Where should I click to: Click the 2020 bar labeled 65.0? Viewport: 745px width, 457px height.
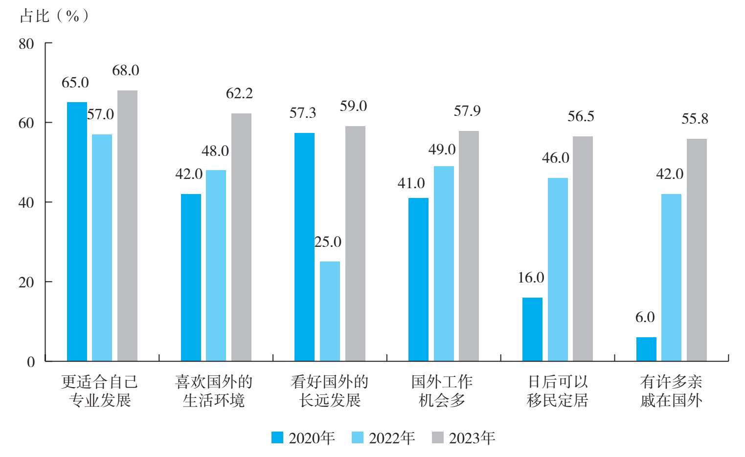(77, 232)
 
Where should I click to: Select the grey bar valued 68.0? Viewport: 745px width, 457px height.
(127, 226)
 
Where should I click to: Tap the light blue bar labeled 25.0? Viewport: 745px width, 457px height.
(330, 311)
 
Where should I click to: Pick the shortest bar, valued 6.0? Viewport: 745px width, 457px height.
(646, 349)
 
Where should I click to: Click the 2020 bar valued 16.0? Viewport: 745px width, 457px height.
(532, 329)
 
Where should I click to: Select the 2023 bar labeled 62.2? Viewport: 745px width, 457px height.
(241, 238)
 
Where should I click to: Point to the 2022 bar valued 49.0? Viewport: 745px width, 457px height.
(444, 264)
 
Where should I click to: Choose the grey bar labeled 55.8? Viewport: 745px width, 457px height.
(697, 250)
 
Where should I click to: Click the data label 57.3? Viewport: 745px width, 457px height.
(303, 113)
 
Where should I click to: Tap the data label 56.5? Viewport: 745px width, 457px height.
(581, 116)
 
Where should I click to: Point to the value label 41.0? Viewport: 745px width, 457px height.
(411, 183)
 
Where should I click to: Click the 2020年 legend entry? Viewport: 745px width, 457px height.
(303, 438)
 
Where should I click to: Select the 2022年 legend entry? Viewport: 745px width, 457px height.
(384, 438)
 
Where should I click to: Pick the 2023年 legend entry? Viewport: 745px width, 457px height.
(464, 438)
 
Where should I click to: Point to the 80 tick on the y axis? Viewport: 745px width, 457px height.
(26, 44)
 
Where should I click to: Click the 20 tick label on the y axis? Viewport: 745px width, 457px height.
(26, 282)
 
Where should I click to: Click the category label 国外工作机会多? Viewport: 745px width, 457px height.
(442, 391)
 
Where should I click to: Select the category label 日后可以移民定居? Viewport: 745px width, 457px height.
(558, 391)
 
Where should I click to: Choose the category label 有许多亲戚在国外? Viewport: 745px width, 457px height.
(671, 391)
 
